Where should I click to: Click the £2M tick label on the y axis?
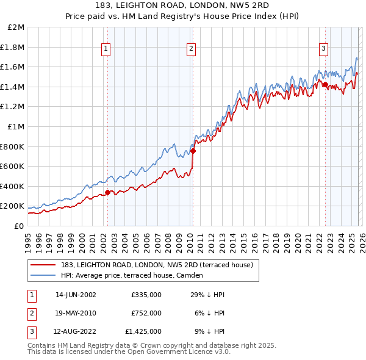point(16,27)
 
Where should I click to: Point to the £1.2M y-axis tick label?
point(13,107)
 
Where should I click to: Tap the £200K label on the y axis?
point(12,206)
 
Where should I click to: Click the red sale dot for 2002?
point(108,193)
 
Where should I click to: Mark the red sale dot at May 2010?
point(193,151)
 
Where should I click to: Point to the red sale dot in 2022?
point(325,84)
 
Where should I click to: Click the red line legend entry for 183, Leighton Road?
point(156,264)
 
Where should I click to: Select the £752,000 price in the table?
point(146,313)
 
